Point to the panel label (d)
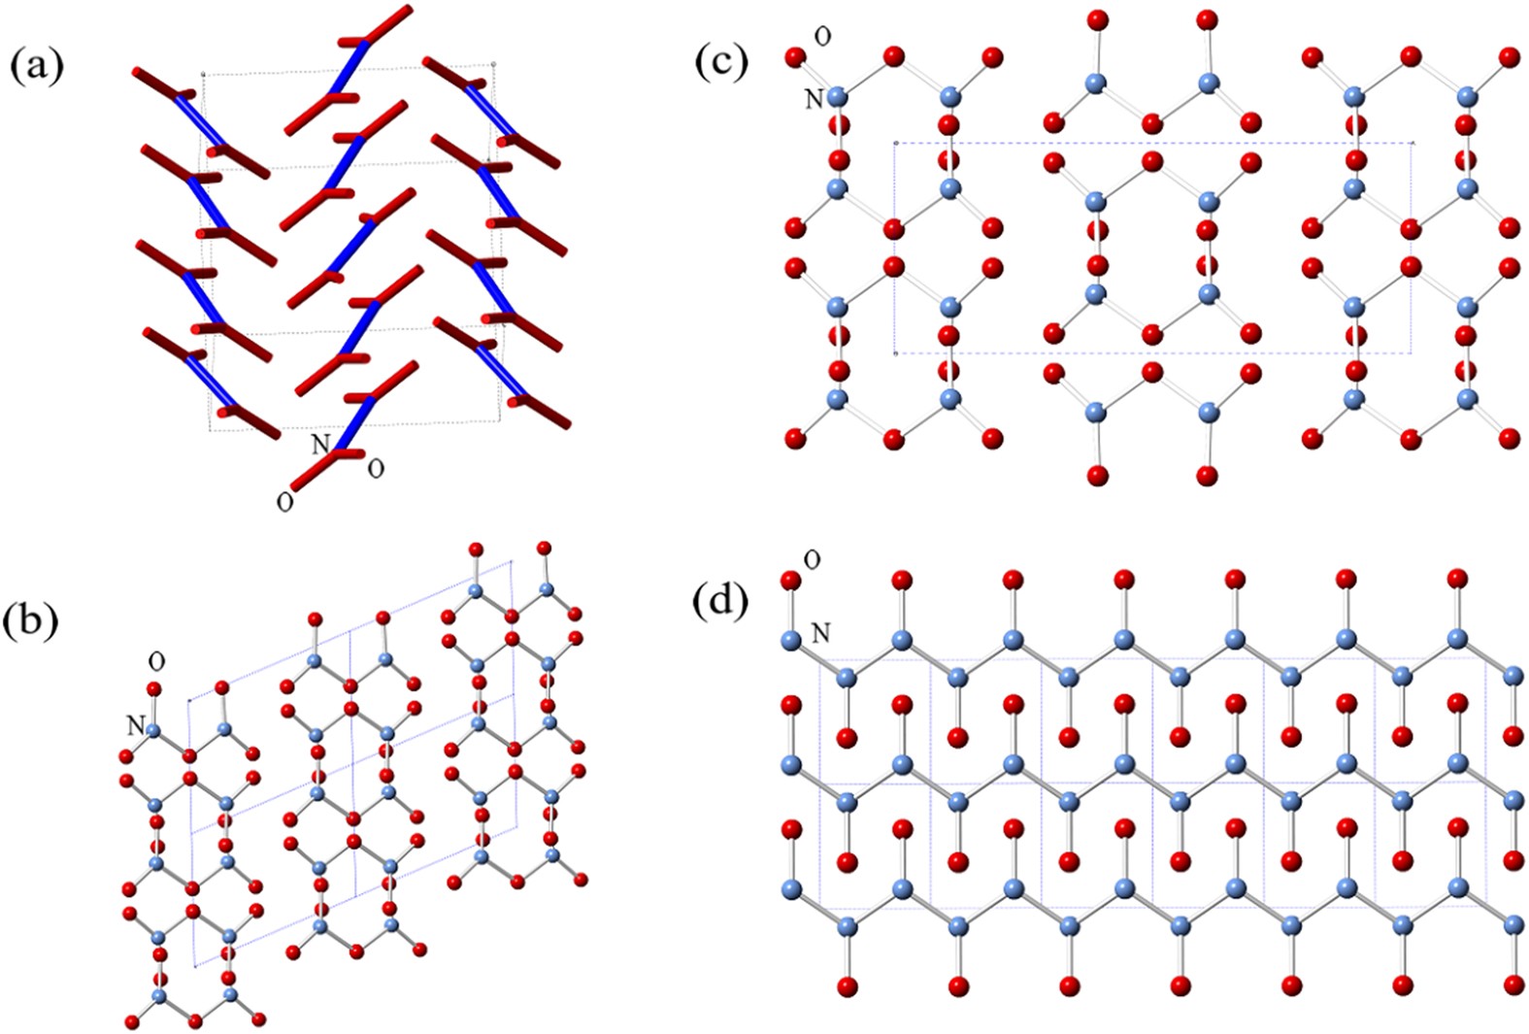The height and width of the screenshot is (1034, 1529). pos(722,602)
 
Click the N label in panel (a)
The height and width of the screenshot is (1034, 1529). pos(320,445)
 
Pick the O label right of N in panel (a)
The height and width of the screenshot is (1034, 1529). pos(376,469)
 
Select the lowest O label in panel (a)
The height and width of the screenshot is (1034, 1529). pos(284,503)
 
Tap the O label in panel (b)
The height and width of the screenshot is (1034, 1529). pos(156,661)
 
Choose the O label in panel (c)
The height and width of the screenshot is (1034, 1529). pos(822,37)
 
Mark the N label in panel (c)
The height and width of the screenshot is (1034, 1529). pos(814,98)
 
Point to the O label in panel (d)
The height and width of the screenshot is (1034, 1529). pos(813,560)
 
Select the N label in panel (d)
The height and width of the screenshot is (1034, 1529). pos(820,633)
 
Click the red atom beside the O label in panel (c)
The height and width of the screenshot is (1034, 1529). pos(795,57)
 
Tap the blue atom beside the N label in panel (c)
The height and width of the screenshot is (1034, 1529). pos(838,97)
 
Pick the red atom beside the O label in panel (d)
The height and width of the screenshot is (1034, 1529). pos(790,581)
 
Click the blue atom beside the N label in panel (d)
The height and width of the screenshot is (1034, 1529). pos(791,640)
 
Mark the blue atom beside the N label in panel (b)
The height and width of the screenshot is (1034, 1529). pos(154,726)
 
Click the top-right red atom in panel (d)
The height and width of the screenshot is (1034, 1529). pos(1456,580)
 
